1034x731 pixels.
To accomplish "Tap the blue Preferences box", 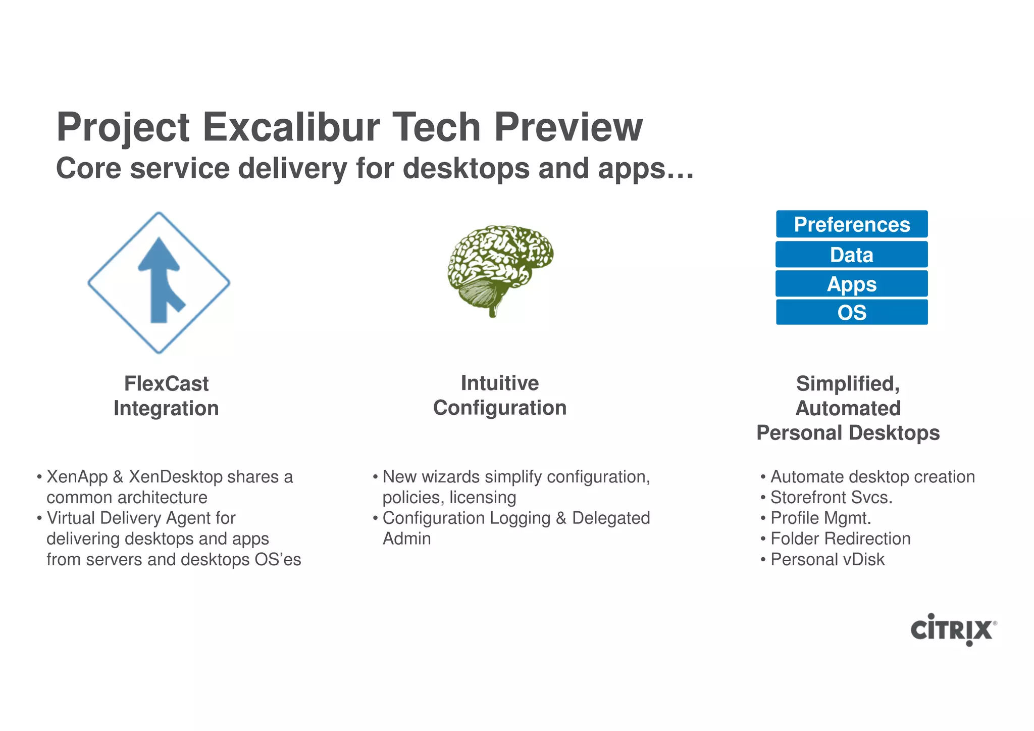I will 852,224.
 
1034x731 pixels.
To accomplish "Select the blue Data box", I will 852,255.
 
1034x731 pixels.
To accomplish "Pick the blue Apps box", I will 852,284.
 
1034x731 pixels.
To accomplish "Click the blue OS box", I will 852,313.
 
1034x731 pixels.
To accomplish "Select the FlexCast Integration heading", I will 166,396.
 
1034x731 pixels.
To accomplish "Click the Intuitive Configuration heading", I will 500,395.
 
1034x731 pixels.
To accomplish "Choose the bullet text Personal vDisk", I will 828,560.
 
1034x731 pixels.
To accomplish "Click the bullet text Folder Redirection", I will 840,539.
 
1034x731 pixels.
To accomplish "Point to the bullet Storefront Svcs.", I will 831,498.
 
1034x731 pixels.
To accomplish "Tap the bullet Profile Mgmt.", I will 821,518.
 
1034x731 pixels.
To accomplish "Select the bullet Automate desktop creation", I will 872,477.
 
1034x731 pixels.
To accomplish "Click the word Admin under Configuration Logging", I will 406,539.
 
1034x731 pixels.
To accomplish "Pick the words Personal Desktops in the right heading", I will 848,433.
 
